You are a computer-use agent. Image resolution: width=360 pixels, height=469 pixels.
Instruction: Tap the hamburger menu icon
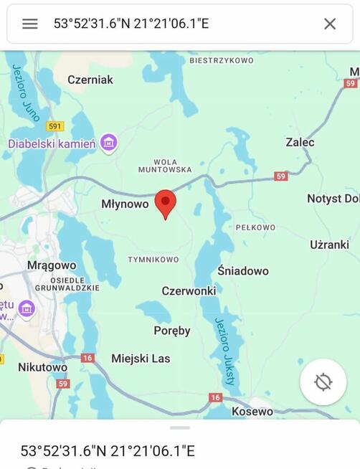click(x=29, y=24)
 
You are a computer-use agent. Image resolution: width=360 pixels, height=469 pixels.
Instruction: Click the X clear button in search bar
click(x=330, y=24)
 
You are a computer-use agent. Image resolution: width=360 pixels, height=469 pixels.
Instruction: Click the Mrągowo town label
click(x=52, y=265)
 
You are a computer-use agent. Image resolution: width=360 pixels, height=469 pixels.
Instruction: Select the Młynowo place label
click(x=125, y=204)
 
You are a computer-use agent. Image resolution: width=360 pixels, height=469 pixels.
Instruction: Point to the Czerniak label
click(x=90, y=80)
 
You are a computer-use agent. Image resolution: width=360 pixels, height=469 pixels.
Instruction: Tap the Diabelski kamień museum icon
click(x=109, y=143)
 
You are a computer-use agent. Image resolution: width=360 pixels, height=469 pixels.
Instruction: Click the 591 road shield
click(x=55, y=126)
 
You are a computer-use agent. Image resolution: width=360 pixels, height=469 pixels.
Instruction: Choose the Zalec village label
click(x=300, y=142)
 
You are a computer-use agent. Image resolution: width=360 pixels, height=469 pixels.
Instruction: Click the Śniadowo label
click(x=243, y=270)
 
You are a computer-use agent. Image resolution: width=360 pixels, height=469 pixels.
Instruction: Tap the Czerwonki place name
click(x=189, y=291)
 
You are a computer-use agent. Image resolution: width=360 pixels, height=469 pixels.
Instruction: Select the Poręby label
click(x=172, y=331)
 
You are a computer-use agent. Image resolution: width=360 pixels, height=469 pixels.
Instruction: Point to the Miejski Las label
click(x=141, y=358)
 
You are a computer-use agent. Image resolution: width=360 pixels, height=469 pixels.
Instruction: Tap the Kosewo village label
click(x=252, y=412)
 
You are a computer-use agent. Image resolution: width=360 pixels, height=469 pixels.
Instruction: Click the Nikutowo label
click(x=43, y=367)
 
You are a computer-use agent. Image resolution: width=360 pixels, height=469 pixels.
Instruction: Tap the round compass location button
click(x=323, y=382)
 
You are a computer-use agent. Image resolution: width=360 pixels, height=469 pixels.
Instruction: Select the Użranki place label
click(x=329, y=245)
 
